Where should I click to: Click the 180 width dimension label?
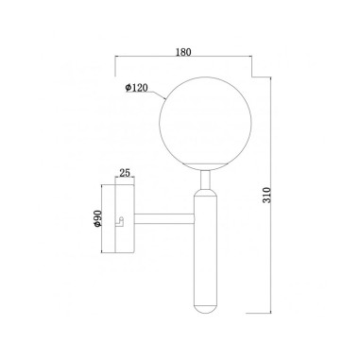183,52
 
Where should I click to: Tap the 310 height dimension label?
266,195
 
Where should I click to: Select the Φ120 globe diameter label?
136,88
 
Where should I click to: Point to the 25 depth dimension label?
125,173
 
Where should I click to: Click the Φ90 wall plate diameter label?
97,218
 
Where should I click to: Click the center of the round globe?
206,124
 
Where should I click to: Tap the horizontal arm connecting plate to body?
164,218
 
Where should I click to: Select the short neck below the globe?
206,180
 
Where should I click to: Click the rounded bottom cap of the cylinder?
206,309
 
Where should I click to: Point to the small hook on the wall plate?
120,222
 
